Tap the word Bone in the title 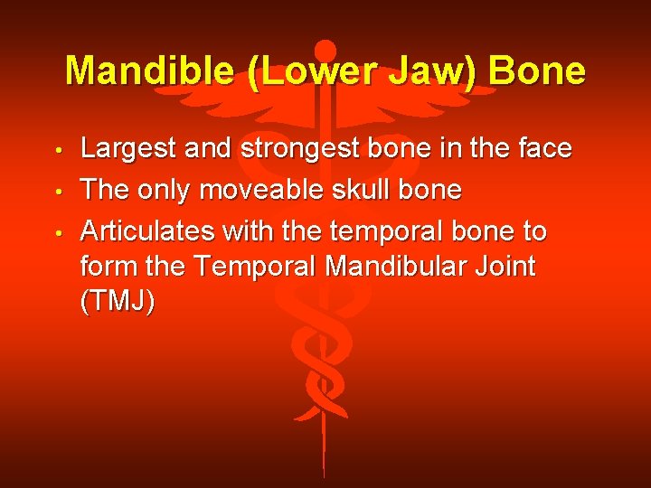pyautogui.click(x=540, y=70)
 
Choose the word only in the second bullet pyautogui.click(x=163, y=191)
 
